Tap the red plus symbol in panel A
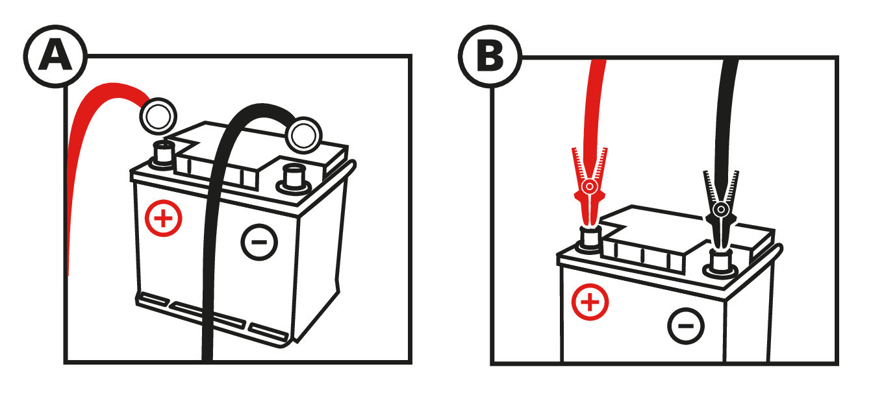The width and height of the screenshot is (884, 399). click(164, 218)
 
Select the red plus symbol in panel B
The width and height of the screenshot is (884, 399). click(589, 302)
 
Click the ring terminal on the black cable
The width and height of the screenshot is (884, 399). click(304, 135)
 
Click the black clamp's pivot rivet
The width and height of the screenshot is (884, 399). click(719, 210)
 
